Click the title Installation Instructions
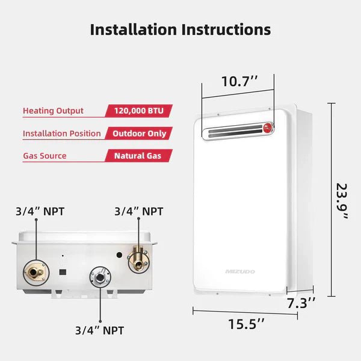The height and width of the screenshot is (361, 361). (180, 29)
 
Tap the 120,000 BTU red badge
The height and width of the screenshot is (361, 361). (139, 111)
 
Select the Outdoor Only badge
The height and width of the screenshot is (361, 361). (139, 134)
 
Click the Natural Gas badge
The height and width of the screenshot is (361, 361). (139, 156)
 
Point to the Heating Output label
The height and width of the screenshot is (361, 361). (53, 111)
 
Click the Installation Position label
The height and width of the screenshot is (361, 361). (62, 134)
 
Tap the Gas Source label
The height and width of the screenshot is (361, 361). (45, 156)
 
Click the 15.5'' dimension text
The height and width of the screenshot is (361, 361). (245, 324)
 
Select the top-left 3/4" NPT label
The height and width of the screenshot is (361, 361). (40, 212)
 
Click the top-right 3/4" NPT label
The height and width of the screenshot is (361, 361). (138, 212)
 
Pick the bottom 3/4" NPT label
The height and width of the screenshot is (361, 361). (99, 330)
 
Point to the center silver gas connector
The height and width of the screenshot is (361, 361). (99, 277)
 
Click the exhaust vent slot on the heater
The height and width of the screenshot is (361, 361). (232, 130)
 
